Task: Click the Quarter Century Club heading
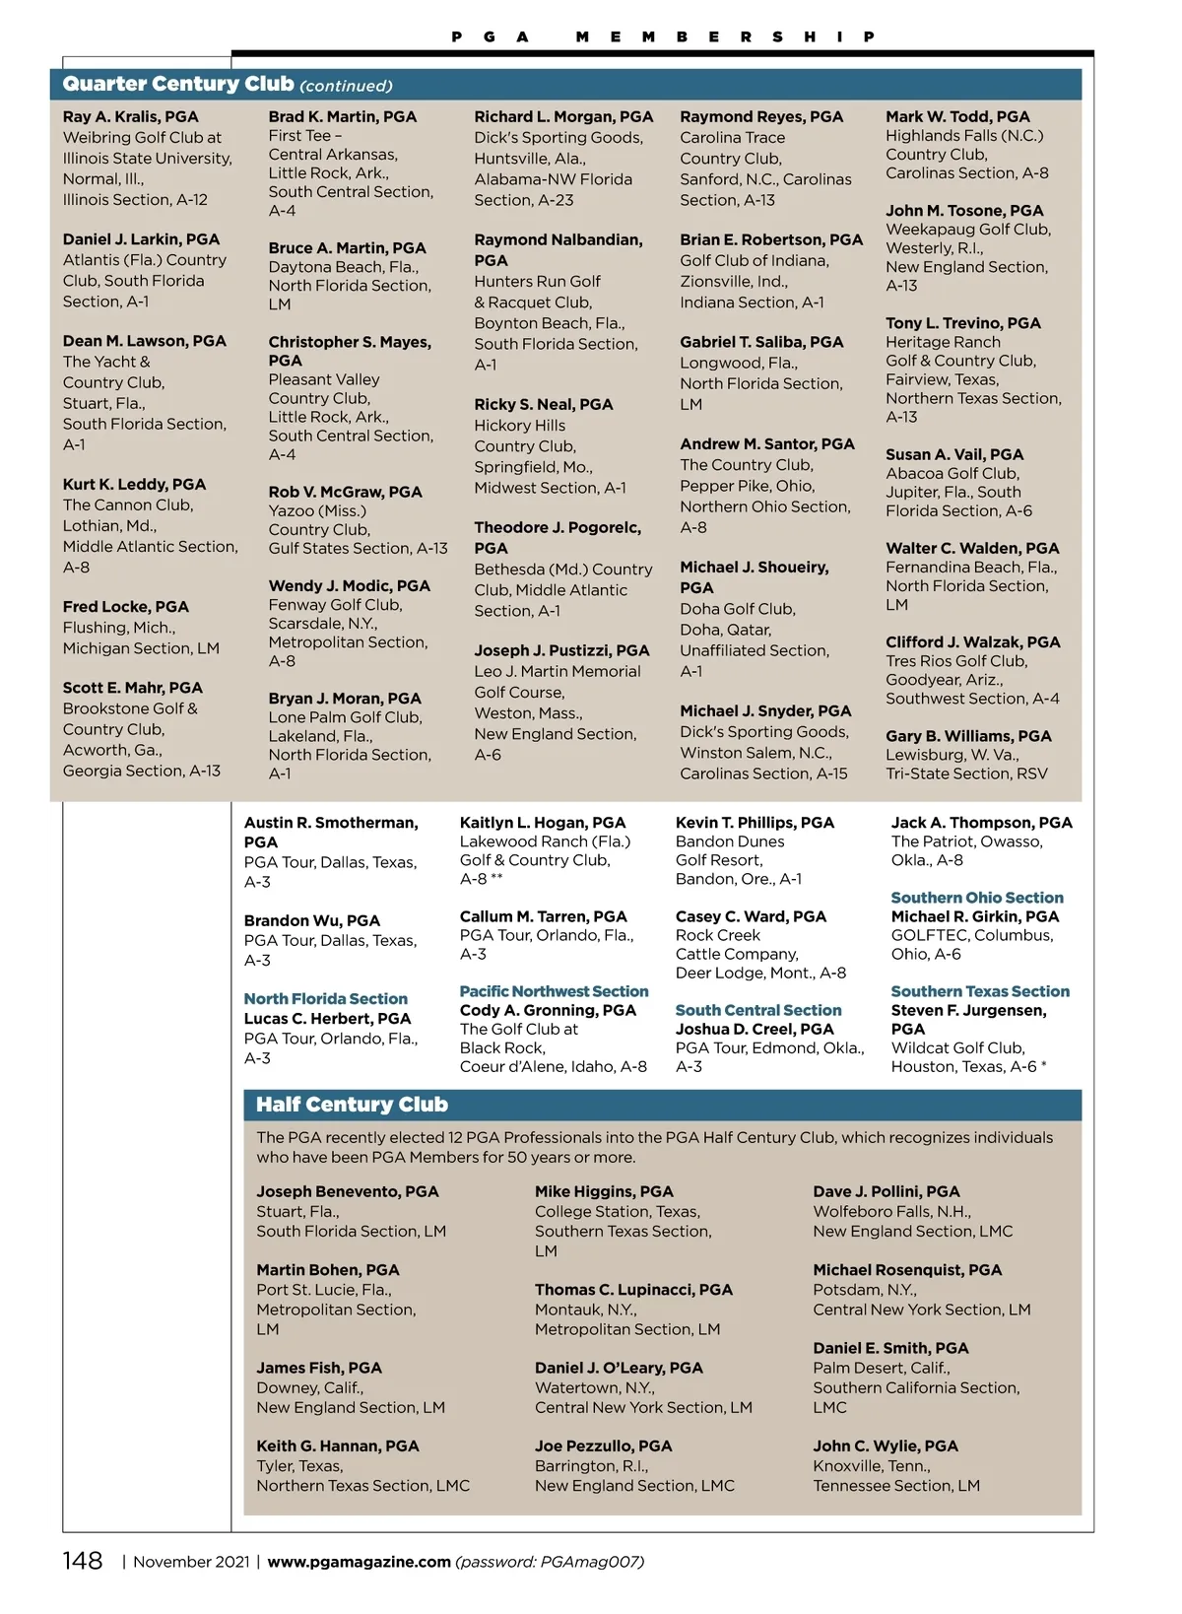tap(178, 85)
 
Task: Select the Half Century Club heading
tap(352, 1105)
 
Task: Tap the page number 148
tap(83, 1561)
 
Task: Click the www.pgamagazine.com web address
tap(359, 1562)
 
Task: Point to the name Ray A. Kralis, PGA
tap(130, 116)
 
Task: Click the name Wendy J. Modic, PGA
tap(349, 585)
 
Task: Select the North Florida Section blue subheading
tap(325, 998)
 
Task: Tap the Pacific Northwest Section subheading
tap(554, 991)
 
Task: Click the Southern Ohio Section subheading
tap(977, 898)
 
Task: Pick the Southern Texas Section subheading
tap(980, 991)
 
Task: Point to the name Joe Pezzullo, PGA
tap(603, 1446)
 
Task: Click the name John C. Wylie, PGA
tap(885, 1446)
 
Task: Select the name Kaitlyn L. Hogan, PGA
tap(542, 823)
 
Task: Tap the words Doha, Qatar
tap(725, 630)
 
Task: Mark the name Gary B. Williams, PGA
tap(968, 736)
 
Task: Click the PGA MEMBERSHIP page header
tap(663, 36)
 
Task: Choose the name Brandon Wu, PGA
tap(311, 920)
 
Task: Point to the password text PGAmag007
tap(591, 1562)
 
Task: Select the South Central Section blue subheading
tap(758, 1010)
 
